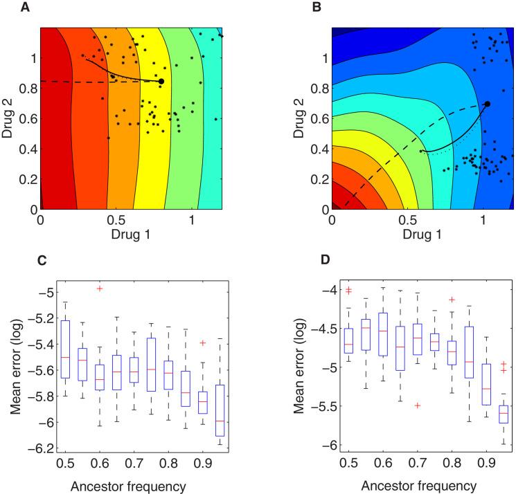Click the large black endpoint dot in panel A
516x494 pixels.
coord(161,82)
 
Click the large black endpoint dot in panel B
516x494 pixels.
coord(487,104)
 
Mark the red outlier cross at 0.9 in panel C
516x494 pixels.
coord(202,342)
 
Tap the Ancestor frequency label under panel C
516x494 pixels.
coord(133,486)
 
